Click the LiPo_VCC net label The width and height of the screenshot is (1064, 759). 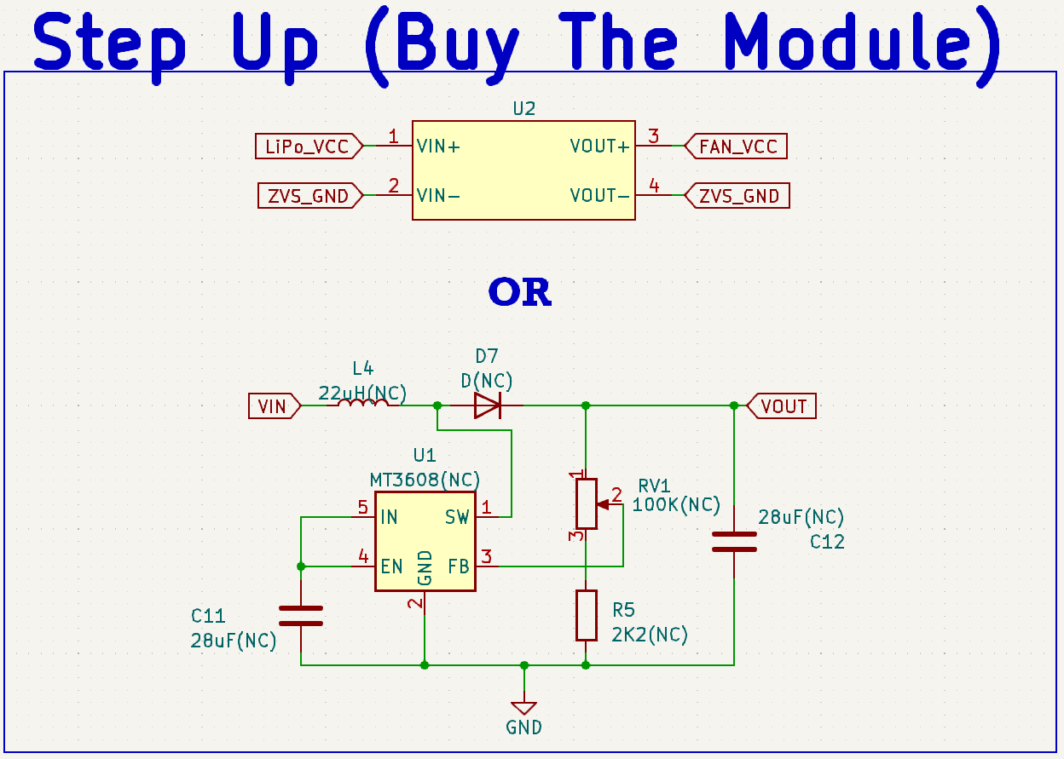click(x=308, y=147)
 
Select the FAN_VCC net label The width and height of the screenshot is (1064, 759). click(x=737, y=147)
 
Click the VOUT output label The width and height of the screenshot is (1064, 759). click(x=783, y=406)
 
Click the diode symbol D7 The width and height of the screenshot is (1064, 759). click(x=488, y=405)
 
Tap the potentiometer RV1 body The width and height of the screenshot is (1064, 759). click(x=586, y=503)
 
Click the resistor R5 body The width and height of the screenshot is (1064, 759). click(x=586, y=615)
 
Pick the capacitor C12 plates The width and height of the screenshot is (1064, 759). click(x=734, y=542)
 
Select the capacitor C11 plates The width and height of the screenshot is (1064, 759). click(x=301, y=616)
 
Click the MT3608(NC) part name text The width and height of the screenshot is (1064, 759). click(x=425, y=479)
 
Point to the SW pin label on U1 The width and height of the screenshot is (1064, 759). click(x=457, y=517)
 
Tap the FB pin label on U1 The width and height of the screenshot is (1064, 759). click(x=459, y=566)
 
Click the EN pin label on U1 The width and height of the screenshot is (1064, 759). click(x=391, y=566)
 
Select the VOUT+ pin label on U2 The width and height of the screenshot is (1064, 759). click(x=600, y=147)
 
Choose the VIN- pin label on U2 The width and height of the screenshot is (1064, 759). click(x=438, y=196)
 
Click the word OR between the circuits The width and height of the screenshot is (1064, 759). click(x=520, y=292)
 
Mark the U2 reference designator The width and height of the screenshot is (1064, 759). click(x=524, y=109)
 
